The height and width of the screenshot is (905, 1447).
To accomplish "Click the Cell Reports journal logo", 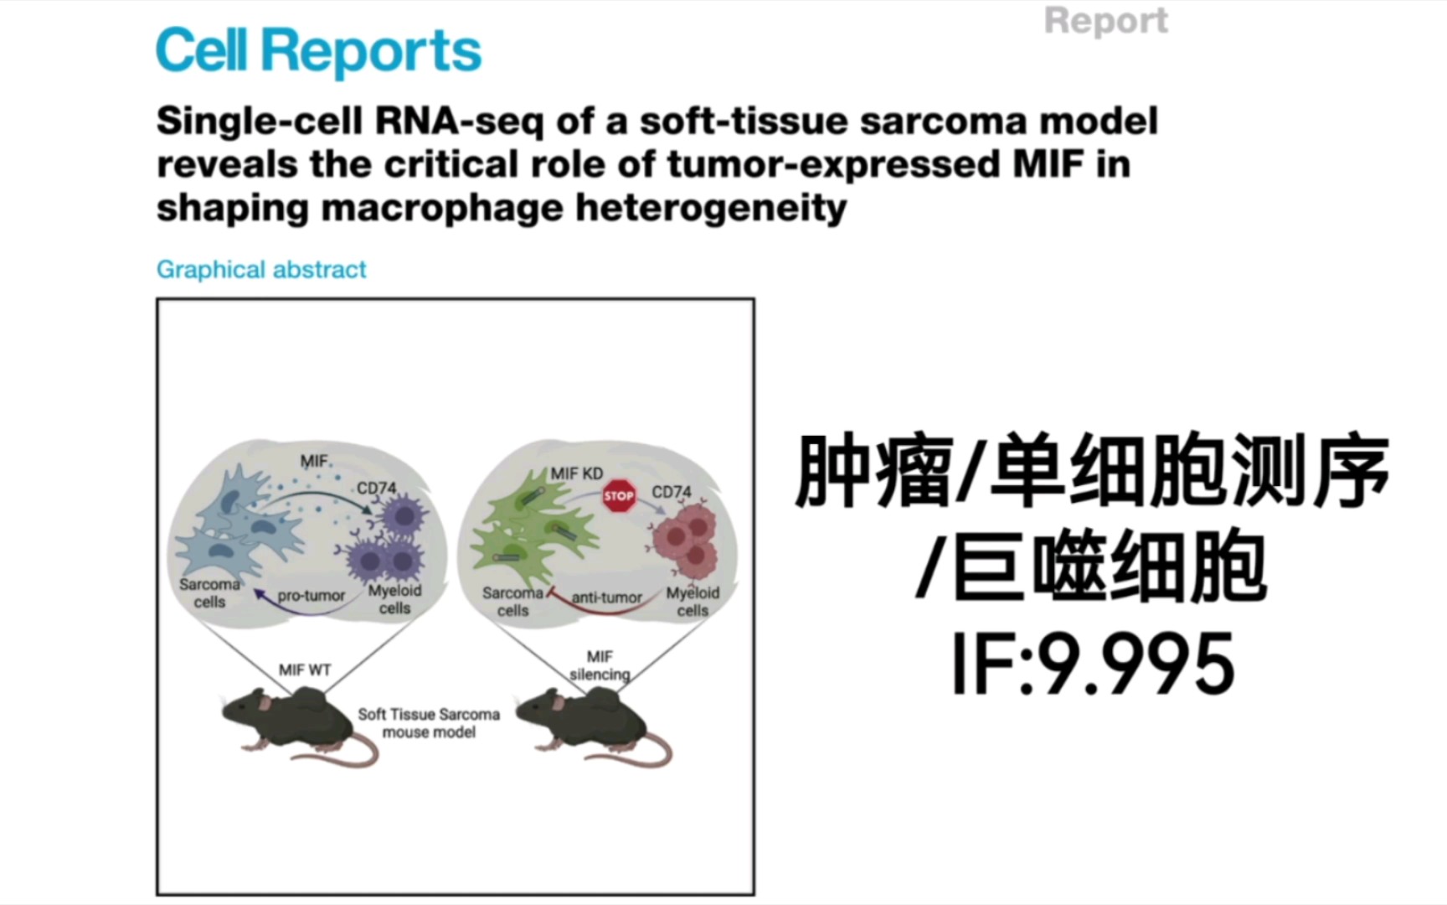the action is coord(318,51).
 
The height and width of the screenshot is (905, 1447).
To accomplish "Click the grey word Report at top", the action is coord(1105,21).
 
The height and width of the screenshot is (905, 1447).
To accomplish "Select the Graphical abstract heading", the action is coord(261,269).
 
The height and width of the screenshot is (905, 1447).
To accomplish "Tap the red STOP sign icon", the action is coord(619,496).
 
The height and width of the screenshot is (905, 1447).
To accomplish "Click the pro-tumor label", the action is coord(311,595).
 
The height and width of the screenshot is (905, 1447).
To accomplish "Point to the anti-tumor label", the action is coord(606,597).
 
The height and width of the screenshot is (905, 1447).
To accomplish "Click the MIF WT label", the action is coord(305,670).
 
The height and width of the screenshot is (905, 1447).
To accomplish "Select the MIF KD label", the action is coord(576,473).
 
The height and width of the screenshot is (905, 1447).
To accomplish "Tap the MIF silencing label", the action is coord(600,665).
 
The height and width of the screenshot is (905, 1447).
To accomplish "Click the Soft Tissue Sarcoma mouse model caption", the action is coord(429,723).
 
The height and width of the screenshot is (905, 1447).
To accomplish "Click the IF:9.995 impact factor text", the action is coord(1093,665).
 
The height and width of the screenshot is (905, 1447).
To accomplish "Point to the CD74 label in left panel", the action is coord(377,488).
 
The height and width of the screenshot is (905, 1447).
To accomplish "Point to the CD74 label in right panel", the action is coord(672,492).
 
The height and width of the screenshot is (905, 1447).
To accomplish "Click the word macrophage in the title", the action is coord(443,208).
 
